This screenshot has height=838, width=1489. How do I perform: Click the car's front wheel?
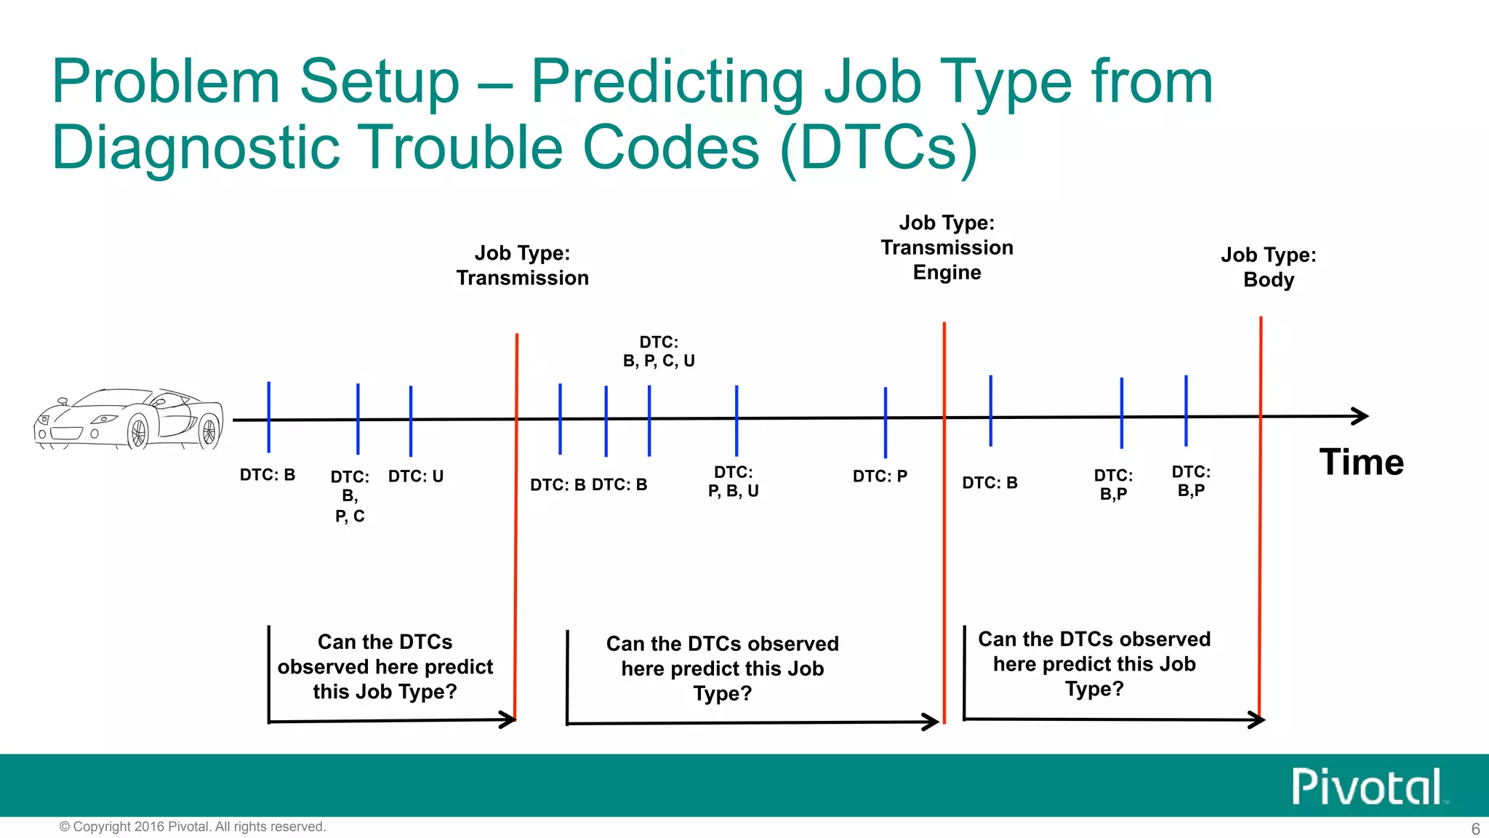138,432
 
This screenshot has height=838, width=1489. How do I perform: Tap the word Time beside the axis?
1361,463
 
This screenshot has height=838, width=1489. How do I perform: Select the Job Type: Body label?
1268,267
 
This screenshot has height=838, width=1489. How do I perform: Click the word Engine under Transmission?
947,273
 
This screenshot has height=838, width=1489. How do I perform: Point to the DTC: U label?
415,476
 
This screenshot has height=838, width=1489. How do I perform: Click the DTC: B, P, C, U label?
659,351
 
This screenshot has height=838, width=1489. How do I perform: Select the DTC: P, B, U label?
733,482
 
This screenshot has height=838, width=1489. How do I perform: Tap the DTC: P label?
880,476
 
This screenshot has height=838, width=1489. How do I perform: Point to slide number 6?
1475,829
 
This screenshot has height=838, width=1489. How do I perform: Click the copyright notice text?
193,826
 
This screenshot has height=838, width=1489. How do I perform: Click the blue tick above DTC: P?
885,422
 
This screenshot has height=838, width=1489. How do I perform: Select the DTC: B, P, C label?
350,496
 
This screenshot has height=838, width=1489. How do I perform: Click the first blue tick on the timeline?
269,417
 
